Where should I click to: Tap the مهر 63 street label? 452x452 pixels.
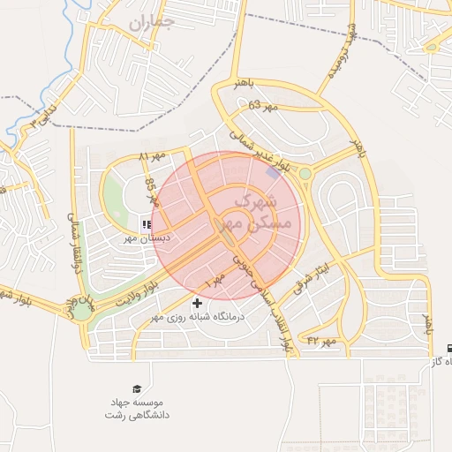tap(262, 106)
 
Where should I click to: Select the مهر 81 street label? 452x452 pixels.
tap(152, 156)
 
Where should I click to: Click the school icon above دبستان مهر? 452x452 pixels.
tap(146, 225)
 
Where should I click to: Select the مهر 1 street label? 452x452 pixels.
tap(215, 282)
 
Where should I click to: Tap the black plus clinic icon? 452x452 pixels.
tap(196, 328)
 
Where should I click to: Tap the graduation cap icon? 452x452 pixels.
tap(137, 388)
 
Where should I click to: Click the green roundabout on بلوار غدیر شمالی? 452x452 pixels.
tap(305, 174)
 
